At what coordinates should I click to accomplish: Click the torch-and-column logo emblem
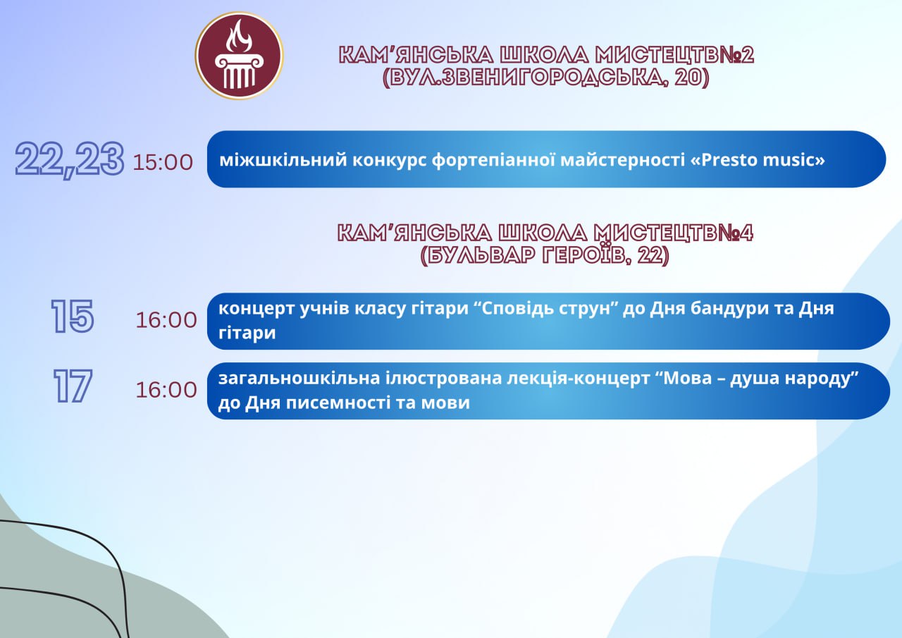pyautogui.click(x=239, y=56)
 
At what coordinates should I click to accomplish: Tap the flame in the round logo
pyautogui.click(x=239, y=37)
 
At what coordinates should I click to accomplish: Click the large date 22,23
pyautogui.click(x=69, y=160)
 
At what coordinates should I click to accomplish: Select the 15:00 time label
pyautogui.click(x=163, y=162)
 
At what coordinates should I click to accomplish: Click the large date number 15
pyautogui.click(x=73, y=317)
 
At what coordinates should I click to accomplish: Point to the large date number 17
pyautogui.click(x=73, y=386)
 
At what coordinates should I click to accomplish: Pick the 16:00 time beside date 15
pyautogui.click(x=166, y=320)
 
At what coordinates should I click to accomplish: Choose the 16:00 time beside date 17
pyautogui.click(x=166, y=390)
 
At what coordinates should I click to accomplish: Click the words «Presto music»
pyautogui.click(x=758, y=160)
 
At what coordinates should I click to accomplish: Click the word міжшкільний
pyautogui.click(x=283, y=160)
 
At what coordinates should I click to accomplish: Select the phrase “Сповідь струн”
pyautogui.click(x=550, y=309)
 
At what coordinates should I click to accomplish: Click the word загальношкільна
pyautogui.click(x=299, y=378)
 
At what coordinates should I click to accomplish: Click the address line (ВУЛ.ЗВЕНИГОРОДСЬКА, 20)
pyautogui.click(x=545, y=78)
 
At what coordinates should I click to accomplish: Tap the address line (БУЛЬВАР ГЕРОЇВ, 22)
pyautogui.click(x=545, y=255)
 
